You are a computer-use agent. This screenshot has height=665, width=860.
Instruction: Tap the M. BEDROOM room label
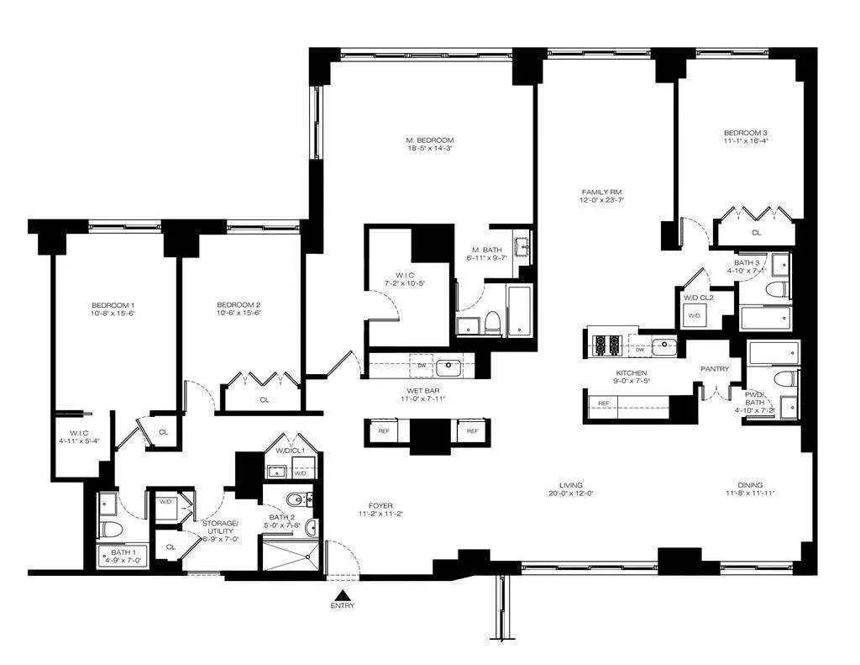pos(429,140)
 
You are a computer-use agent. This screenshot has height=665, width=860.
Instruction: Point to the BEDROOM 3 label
pos(745,133)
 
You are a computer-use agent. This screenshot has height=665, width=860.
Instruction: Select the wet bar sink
pos(448,366)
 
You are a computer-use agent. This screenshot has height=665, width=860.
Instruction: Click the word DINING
pos(750,485)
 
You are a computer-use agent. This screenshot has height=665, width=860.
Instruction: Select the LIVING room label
pos(572,485)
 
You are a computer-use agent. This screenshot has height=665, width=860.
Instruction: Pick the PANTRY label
pos(715,368)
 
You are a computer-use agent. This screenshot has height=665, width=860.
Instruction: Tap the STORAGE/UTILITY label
pos(221,527)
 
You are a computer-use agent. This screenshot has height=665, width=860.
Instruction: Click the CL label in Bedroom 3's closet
pos(756,232)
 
